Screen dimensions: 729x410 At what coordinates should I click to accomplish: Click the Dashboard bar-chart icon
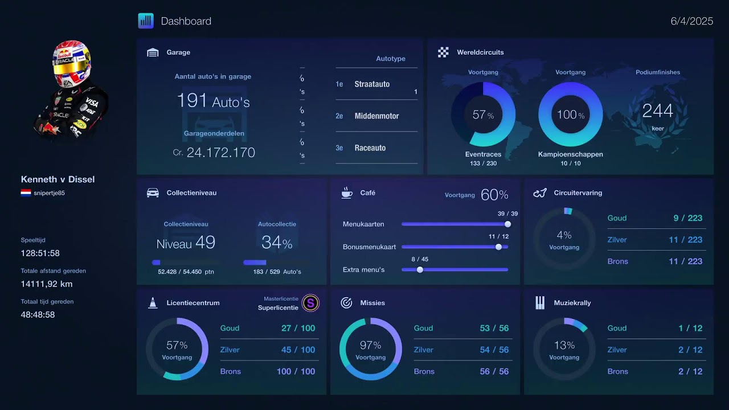point(146,21)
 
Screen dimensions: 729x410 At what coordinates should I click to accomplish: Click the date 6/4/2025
point(691,21)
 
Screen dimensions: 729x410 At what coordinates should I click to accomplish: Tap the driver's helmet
point(72,63)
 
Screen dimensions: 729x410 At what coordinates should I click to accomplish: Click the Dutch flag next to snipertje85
point(26,192)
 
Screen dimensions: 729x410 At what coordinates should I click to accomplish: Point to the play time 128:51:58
point(40,253)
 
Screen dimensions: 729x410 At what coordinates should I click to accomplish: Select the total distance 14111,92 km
point(47,284)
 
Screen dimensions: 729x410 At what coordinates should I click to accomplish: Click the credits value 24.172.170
point(220,153)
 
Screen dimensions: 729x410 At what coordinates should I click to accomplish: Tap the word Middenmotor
point(376,116)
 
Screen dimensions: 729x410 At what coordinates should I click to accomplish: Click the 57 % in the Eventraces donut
point(483,114)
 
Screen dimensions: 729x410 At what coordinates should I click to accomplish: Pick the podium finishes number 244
point(658,110)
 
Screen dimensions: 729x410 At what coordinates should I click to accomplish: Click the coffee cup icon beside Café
point(347,192)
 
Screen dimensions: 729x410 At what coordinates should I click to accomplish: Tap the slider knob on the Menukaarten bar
point(507,224)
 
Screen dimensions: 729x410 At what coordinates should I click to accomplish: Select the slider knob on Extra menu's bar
point(420,270)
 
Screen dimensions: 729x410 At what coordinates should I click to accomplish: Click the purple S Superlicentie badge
point(310,303)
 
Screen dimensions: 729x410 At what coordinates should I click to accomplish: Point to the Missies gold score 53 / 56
point(494,328)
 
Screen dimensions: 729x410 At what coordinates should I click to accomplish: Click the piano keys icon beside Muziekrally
point(540,302)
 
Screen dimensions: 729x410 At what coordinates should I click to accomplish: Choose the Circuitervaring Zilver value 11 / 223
point(685,240)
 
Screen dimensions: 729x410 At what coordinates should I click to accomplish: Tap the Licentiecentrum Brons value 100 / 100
point(296,371)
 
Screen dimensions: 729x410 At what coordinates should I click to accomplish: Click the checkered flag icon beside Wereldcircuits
point(443,52)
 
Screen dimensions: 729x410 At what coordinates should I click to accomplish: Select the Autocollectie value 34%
point(277,243)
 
